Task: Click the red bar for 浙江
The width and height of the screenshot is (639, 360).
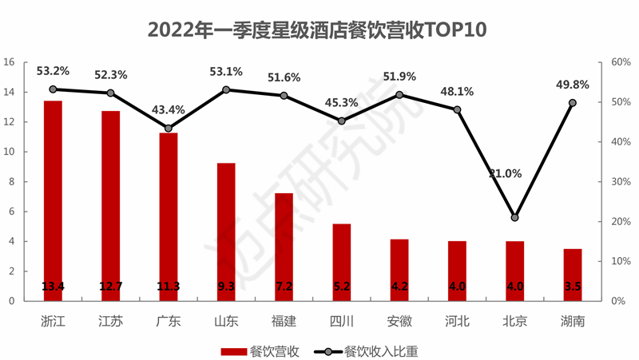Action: point(53,200)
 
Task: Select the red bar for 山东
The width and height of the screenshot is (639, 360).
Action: point(226,231)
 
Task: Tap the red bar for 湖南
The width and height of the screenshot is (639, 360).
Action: point(573,275)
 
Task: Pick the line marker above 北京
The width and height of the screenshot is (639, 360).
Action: point(514,217)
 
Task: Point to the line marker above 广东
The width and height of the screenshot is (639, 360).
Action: point(169,129)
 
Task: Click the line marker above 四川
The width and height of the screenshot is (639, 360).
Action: point(342,121)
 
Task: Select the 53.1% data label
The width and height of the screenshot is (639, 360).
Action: point(225,72)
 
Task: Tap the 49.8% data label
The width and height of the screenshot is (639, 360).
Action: point(572,85)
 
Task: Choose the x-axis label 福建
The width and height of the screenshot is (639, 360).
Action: point(284,322)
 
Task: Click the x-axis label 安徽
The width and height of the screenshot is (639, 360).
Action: point(399,322)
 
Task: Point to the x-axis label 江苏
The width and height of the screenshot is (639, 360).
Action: point(110,322)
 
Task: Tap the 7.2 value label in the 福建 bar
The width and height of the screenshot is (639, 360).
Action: point(284,287)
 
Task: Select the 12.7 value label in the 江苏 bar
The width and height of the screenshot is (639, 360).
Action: point(110,287)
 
